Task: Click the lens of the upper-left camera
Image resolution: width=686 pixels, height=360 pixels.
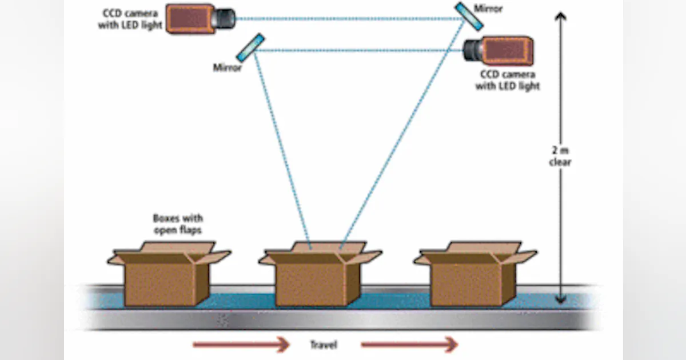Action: point(225,18)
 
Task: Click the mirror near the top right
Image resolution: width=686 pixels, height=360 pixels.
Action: point(469,17)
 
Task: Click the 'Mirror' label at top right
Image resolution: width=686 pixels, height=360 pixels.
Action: point(489,9)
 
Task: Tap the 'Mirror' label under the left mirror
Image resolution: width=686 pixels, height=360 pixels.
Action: point(228,68)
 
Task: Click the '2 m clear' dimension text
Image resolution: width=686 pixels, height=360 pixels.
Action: point(561,157)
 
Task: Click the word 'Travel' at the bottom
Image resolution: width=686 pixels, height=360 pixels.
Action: point(323,345)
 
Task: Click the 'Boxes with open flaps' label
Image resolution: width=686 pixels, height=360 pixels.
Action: point(178,223)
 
